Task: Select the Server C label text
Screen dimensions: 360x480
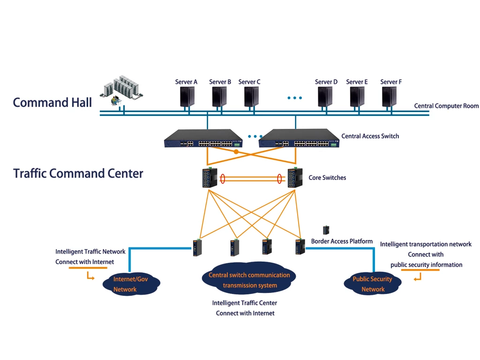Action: point(249,82)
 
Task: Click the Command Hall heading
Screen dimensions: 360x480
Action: point(52,103)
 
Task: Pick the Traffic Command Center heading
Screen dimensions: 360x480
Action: point(78,173)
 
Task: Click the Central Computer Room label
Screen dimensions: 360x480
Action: point(446,106)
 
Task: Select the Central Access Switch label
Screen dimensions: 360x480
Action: point(370,136)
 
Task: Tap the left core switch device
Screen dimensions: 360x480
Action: point(210,178)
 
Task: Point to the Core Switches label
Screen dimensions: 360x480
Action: point(327,178)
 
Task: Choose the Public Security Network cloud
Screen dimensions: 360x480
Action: point(373,284)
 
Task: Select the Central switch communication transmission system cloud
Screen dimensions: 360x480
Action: point(249,280)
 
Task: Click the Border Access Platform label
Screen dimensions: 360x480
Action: point(342,241)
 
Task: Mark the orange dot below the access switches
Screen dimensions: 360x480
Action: point(236,152)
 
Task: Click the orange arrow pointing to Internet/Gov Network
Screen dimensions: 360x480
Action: point(90,277)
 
